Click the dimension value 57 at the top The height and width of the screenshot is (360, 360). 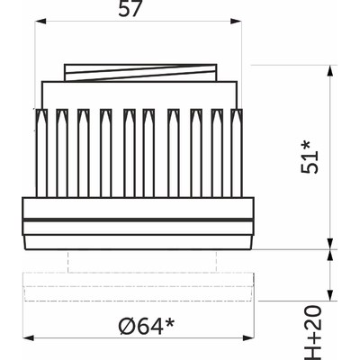[x=130, y=9]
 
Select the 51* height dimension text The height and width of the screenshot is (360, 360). [x=310, y=157]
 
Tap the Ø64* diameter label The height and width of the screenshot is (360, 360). [x=147, y=327]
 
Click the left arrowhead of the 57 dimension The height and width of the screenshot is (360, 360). [x=40, y=22]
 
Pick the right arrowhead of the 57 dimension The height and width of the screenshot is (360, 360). [x=236, y=22]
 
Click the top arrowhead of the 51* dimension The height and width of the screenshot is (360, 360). [x=330, y=71]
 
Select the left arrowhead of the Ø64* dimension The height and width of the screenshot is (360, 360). [x=28, y=338]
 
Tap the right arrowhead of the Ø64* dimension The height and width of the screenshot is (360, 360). [x=248, y=338]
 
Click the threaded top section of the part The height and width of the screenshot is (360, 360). [x=140, y=72]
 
